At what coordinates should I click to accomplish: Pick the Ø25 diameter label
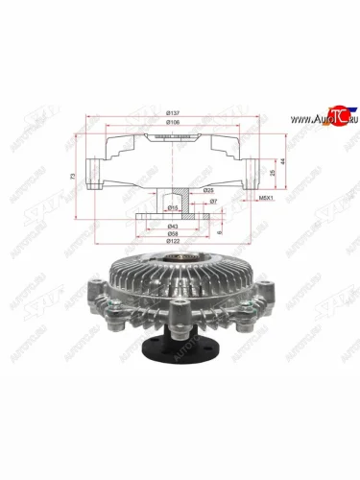coord(208,190)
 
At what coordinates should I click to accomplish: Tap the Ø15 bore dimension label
coord(172,206)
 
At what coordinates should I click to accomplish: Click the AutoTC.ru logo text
coord(314,119)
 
